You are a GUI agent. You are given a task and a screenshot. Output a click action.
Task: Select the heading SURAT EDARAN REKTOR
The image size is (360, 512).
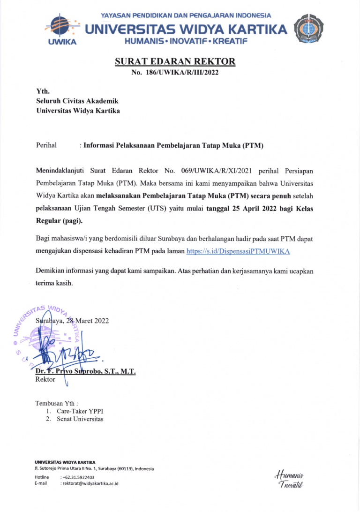(175, 62)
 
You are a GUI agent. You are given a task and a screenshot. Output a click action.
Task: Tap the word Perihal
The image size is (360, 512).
(46, 145)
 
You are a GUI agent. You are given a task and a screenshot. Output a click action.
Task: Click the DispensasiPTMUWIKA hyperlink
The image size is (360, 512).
(238, 251)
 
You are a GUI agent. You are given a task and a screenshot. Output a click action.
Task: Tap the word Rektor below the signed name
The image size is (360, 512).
(45, 379)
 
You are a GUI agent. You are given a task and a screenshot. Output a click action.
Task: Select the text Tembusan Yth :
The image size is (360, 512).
(56, 403)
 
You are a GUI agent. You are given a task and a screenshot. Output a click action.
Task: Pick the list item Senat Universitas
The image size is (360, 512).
(80, 419)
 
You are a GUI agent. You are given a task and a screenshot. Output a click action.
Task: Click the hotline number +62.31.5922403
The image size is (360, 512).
(78, 477)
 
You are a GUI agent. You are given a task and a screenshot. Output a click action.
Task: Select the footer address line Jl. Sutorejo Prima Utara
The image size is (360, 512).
(94, 468)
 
